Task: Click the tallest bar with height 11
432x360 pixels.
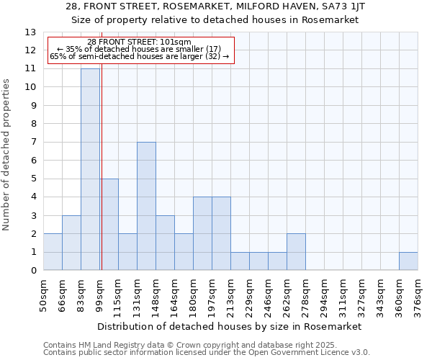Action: pos(90,169)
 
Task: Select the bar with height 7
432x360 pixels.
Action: pos(146,206)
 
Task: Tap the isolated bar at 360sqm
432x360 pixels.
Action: pos(408,261)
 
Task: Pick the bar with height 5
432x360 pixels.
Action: pos(109,225)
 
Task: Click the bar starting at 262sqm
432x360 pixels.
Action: pos(296,252)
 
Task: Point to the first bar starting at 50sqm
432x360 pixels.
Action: pos(53,252)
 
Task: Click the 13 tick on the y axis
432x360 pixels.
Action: pos(30,32)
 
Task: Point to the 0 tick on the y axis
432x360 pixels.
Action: pos(33,271)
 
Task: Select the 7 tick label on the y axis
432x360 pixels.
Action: pos(33,143)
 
